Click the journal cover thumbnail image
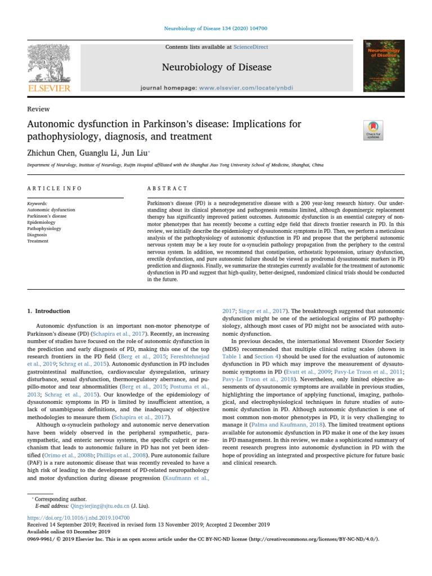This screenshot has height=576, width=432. tap(384, 66)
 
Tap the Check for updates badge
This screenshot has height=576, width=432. tap(373, 130)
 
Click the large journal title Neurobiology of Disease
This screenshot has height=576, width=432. tap(217, 67)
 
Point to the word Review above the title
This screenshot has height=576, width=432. tap(38, 109)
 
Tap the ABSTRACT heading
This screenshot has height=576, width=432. tap(167, 188)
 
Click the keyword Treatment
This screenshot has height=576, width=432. tap(38, 241)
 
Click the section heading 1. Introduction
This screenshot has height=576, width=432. tap(49, 311)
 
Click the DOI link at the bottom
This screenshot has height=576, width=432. tap(78, 517)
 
